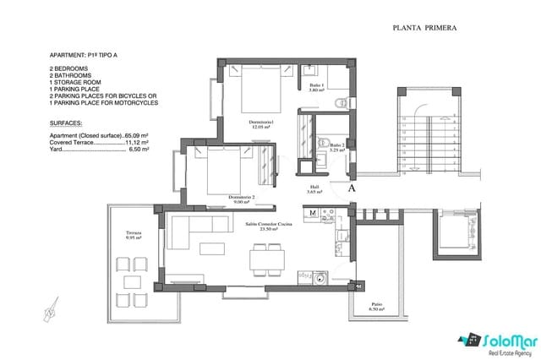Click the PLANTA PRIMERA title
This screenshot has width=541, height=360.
coord(425,28)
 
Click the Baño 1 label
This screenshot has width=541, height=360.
coord(316,87)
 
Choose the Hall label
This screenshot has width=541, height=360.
coord(314,190)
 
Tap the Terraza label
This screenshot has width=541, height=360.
coord(135,234)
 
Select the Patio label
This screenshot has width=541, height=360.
coord(376,307)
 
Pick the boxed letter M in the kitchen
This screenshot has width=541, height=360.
coord(313,213)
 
